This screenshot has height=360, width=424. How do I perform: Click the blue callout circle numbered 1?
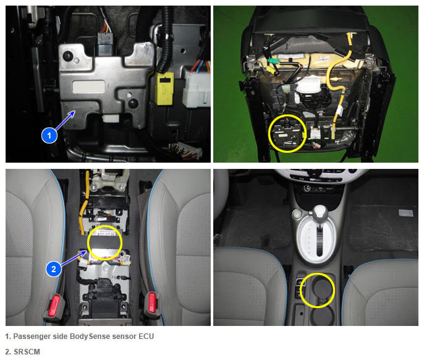click(x=49, y=135)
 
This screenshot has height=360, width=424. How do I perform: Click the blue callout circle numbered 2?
click(x=54, y=269)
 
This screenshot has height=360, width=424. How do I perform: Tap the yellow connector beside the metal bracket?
click(x=164, y=88)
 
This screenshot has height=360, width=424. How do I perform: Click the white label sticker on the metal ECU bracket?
click(x=88, y=87)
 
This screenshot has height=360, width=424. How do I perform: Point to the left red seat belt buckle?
click(x=55, y=305)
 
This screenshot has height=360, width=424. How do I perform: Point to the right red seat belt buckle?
click(x=151, y=302)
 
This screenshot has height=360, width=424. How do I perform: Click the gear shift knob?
click(x=320, y=212)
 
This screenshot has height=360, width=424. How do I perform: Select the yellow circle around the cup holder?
click(x=318, y=290)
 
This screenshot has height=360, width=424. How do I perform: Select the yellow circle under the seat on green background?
click(x=287, y=134)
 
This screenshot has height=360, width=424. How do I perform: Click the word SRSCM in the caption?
click(x=27, y=351)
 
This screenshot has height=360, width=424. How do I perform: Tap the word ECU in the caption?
click(x=146, y=336)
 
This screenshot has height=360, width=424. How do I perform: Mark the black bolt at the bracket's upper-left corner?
click(x=67, y=56)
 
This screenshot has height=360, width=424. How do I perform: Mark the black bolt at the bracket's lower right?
click(x=133, y=103)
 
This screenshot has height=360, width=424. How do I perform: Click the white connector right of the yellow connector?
click(x=197, y=87)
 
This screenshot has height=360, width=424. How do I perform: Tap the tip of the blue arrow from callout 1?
click(x=75, y=111)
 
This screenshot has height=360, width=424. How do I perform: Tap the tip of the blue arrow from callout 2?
click(x=87, y=251)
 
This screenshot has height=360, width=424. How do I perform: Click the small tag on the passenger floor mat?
click(x=406, y=213)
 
